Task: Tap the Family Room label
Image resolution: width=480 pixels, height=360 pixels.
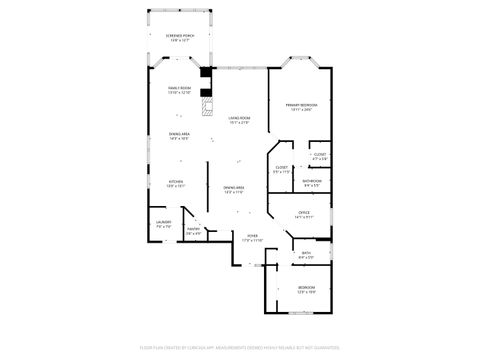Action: (x=179, y=89)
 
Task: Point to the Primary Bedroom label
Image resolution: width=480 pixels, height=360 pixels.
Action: (x=301, y=104)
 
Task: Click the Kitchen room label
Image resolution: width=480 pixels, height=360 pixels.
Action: (x=175, y=182)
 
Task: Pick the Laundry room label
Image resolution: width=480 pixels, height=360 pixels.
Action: (x=164, y=222)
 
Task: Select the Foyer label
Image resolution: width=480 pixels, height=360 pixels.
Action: (x=252, y=237)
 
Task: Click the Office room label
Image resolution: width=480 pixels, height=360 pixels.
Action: (x=305, y=213)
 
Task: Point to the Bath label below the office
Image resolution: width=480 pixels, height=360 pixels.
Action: (x=305, y=253)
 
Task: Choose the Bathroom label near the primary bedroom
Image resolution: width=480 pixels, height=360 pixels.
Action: (x=311, y=181)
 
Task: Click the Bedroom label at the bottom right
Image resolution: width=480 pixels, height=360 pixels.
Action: (x=306, y=288)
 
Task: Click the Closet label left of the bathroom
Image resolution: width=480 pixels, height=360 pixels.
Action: (x=281, y=167)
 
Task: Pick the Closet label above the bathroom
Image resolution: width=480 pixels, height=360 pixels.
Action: (x=320, y=154)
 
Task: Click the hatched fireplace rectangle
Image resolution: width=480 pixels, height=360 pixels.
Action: (x=207, y=103)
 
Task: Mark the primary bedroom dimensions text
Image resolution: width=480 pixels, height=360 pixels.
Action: (x=301, y=109)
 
